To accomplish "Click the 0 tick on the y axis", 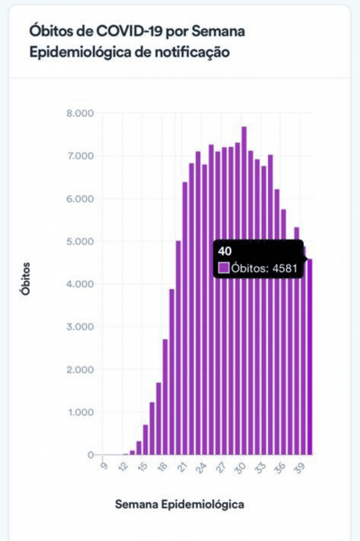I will tap(90, 455).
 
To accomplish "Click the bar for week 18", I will tap(165, 396).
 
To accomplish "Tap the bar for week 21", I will tap(185, 317).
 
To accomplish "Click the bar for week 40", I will tap(310, 370).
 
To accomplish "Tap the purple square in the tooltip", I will tap(224, 268).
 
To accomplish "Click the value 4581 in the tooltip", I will tap(285, 268).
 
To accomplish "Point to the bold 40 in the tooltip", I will tap(224, 251).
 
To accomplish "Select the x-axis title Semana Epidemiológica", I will tap(180, 505).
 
